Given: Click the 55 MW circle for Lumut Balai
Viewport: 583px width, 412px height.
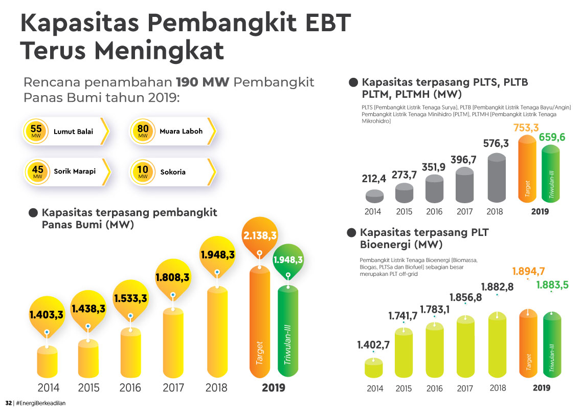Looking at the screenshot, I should pyautogui.click(x=37, y=132).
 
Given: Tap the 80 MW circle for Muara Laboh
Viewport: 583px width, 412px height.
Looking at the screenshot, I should pyautogui.click(x=143, y=132).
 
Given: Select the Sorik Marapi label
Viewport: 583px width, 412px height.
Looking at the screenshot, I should pyautogui.click(x=75, y=171).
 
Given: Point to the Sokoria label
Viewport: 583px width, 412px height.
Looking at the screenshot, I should pyautogui.click(x=172, y=172).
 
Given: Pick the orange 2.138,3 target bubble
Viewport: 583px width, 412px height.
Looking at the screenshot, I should pyautogui.click(x=260, y=235).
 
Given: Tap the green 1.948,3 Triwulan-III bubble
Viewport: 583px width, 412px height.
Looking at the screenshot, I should pyautogui.click(x=288, y=260).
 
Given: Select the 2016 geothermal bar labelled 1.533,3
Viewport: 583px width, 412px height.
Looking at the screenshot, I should pyautogui.click(x=130, y=353).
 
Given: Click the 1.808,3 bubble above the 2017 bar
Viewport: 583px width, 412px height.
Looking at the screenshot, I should pyautogui.click(x=172, y=277).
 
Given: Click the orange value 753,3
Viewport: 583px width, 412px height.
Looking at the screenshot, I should pyautogui.click(x=526, y=127).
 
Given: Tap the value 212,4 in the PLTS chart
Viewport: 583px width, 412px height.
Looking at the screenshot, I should pyautogui.click(x=375, y=180).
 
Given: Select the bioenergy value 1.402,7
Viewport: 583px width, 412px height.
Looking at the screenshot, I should pyautogui.click(x=373, y=344).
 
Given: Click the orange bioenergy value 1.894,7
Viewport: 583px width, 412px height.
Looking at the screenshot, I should pyautogui.click(x=528, y=271).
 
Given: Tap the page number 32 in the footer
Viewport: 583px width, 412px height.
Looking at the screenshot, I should pyautogui.click(x=8, y=403).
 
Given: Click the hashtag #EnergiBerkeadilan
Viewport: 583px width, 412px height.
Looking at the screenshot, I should pyautogui.click(x=41, y=403).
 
